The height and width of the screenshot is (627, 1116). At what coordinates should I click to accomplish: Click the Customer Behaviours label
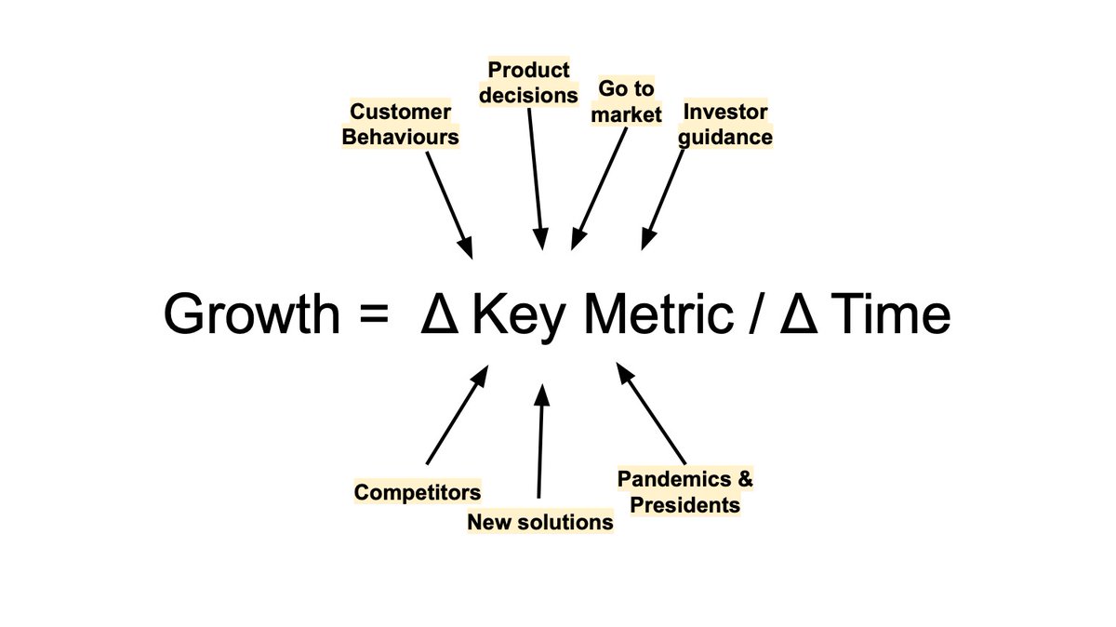(x=401, y=125)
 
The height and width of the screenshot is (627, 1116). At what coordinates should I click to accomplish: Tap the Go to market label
(x=627, y=102)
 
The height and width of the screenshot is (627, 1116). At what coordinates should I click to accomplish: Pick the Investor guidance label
(x=727, y=125)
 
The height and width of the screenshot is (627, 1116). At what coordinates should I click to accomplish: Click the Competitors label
(x=418, y=491)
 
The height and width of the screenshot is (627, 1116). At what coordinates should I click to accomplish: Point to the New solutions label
(x=540, y=522)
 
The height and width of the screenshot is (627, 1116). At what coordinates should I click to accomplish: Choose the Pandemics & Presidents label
(x=685, y=492)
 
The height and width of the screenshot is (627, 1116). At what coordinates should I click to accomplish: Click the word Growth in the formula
(x=251, y=316)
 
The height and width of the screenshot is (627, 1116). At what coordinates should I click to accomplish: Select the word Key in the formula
(x=517, y=316)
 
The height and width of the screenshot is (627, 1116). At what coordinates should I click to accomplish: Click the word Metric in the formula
(x=657, y=314)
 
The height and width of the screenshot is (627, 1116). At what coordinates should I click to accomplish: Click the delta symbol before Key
(x=438, y=315)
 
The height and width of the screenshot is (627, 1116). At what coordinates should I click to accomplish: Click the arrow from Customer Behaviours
(x=449, y=204)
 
